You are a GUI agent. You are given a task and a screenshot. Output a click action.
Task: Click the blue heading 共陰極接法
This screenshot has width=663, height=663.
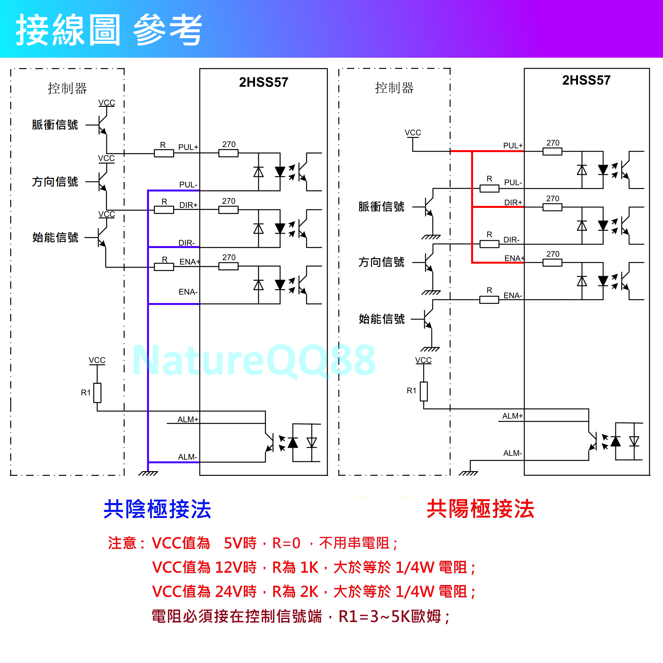(157, 509)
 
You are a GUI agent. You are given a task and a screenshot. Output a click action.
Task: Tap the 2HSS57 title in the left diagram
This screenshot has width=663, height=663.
(264, 82)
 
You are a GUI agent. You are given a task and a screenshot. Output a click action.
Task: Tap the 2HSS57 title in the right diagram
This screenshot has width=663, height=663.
(586, 80)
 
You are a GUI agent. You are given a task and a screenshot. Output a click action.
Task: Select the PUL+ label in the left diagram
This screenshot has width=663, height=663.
(188, 147)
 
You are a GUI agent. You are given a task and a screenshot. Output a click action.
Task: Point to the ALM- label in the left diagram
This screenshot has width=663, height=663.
(188, 457)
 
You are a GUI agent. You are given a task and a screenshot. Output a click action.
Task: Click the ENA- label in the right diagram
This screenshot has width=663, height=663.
(512, 295)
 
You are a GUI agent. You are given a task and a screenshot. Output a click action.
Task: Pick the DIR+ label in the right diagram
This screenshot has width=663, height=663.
(513, 202)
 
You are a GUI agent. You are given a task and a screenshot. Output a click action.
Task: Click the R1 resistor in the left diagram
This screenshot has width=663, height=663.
(97, 393)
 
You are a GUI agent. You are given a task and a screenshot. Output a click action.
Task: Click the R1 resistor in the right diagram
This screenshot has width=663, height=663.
(424, 391)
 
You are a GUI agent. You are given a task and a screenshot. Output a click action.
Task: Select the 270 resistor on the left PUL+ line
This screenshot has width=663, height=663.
(229, 153)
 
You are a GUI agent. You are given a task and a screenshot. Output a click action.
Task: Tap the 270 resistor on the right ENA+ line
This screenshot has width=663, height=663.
(552, 262)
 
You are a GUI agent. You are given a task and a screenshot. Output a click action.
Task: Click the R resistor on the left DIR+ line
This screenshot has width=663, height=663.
(164, 210)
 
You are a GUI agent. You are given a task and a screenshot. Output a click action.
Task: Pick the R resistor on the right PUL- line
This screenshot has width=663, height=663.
(489, 189)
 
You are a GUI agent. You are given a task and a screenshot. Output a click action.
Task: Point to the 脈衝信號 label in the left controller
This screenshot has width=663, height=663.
(55, 125)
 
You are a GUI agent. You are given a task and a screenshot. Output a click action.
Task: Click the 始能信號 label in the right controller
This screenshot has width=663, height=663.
(381, 319)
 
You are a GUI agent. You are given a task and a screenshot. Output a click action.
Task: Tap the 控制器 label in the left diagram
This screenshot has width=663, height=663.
(67, 89)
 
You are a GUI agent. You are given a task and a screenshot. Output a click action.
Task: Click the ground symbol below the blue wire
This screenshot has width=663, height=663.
(148, 473)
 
